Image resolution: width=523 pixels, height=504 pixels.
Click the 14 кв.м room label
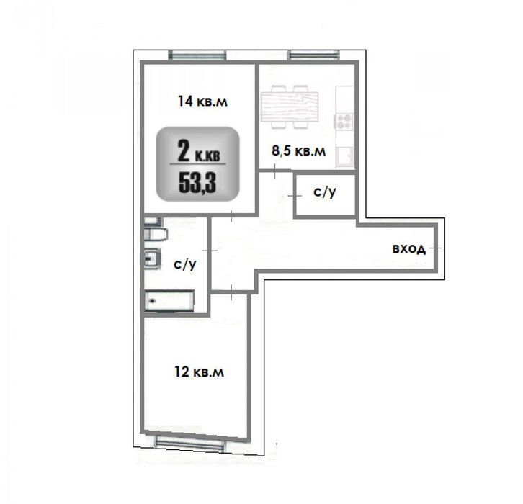tap(202, 101)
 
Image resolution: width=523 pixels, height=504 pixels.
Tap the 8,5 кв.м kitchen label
tap(298, 150)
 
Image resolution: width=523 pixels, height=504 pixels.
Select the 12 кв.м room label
tap(199, 372)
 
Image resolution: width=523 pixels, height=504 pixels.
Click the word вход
tap(409, 248)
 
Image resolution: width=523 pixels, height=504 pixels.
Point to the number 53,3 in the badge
tap(197, 183)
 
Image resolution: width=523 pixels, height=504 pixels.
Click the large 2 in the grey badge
tap(184, 150)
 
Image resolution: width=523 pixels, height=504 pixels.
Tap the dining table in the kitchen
tap(290, 107)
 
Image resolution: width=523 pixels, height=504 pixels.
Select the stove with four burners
tap(344, 121)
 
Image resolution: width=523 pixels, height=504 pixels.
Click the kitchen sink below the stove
tap(344, 156)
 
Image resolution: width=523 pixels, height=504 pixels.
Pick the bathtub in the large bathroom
tap(169, 301)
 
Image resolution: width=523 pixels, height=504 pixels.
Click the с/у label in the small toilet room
tap(325, 192)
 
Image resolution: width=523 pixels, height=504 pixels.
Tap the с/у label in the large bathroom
tap(185, 265)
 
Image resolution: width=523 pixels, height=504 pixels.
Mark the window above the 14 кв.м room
tap(197, 55)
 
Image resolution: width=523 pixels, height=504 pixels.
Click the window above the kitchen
tap(313, 55)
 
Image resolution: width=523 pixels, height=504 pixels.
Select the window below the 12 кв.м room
tap(189, 444)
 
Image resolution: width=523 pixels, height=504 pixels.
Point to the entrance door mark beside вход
tap(435, 248)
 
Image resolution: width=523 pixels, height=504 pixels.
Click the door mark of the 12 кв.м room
tap(231, 292)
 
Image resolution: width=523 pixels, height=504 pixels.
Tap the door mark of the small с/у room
tap(295, 196)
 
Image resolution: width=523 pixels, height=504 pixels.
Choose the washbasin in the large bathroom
tap(153, 258)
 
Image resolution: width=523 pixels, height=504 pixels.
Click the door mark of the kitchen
tap(275, 171)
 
